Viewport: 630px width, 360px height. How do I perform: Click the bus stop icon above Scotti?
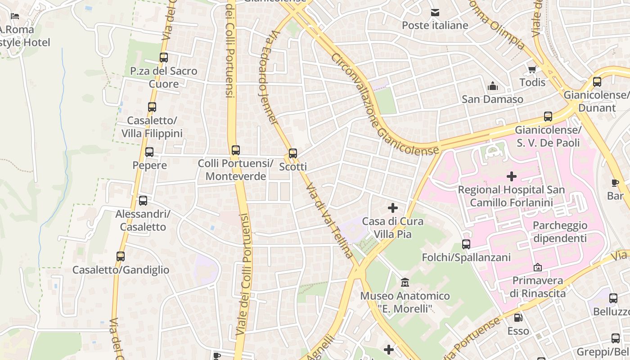293,153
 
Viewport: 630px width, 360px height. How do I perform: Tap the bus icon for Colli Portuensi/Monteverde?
236,150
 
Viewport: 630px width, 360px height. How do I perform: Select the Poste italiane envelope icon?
435,12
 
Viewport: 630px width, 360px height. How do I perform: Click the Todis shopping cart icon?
532,69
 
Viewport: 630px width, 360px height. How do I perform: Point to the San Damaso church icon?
493,85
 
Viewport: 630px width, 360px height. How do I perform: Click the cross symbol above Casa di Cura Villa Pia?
393,207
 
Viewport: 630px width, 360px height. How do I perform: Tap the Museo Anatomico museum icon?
405,283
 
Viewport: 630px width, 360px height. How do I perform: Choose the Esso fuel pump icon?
518,317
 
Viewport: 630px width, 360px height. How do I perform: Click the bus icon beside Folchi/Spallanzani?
466,244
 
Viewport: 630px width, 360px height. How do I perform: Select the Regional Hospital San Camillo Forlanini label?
511,196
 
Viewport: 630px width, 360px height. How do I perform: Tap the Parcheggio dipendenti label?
560,231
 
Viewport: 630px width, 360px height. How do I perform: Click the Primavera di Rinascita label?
538,287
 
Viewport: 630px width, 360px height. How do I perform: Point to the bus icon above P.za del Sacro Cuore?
164,57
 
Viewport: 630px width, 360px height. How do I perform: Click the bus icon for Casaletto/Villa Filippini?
152,107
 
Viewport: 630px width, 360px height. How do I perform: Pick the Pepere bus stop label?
149,165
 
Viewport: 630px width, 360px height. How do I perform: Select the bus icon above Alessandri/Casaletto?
143,200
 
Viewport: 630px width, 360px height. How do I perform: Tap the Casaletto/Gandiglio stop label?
121,270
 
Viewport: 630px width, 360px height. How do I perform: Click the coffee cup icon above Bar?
615,182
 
